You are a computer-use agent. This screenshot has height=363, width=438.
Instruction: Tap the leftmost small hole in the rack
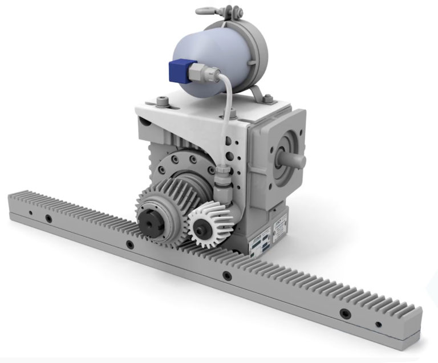point(30,214)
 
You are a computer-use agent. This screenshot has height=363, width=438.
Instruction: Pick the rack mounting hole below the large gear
point(130,245)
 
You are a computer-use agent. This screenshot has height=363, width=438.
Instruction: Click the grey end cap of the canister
point(252,46)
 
